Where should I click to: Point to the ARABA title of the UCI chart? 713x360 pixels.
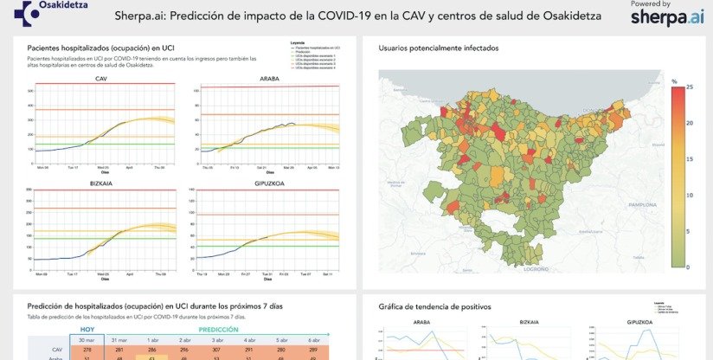tap(269, 79)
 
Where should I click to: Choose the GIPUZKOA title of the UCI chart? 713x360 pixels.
tap(269, 183)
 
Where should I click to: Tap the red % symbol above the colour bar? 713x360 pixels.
tap(674, 80)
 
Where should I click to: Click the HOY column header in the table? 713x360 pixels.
tap(87, 329)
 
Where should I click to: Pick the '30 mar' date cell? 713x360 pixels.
tap(87, 340)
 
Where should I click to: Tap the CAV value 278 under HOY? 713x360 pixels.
tap(87, 350)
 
